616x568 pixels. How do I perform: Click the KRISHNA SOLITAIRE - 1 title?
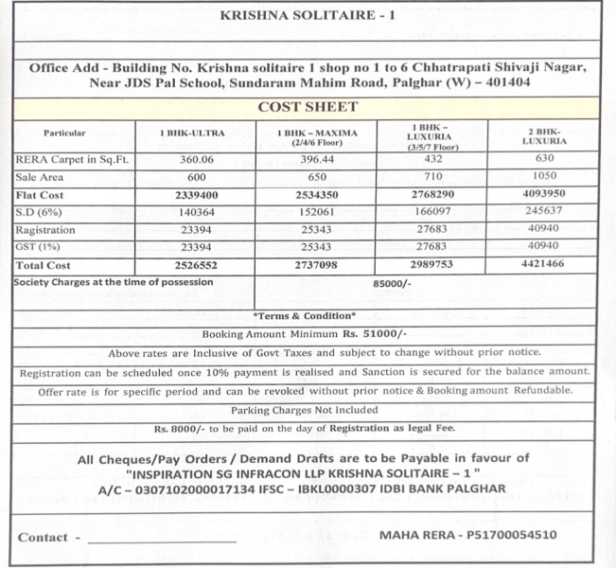(x=308, y=16)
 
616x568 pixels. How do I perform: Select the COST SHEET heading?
(x=308, y=107)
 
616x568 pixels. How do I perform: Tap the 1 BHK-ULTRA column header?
(x=194, y=133)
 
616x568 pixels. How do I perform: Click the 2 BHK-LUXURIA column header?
(x=544, y=135)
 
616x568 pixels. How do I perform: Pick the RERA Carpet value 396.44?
(x=317, y=160)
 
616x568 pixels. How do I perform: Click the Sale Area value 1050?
(x=544, y=177)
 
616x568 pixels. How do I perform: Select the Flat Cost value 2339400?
(x=194, y=195)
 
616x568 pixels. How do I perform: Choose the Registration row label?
(x=45, y=230)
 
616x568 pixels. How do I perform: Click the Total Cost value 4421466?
(x=544, y=265)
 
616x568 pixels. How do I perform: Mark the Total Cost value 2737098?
(x=317, y=265)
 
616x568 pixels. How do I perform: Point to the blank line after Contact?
(x=161, y=541)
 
